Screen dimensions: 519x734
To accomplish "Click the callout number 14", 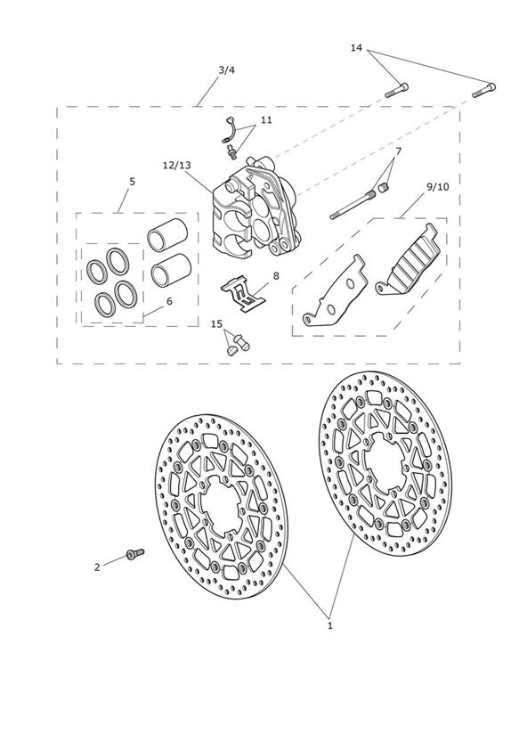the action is (x=356, y=47).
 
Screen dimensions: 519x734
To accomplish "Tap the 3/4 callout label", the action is (x=226, y=70).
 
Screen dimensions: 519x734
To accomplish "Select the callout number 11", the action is (x=266, y=120).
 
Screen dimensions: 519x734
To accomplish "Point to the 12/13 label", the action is (x=177, y=166).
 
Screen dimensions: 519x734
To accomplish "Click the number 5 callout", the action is (x=132, y=181).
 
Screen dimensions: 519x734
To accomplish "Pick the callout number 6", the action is (x=169, y=300).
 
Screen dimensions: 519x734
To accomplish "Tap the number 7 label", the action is (x=398, y=151).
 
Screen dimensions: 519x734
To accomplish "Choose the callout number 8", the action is (x=276, y=276).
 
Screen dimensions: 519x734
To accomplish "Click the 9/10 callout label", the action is (x=438, y=187).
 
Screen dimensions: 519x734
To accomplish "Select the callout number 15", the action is (x=216, y=324).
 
